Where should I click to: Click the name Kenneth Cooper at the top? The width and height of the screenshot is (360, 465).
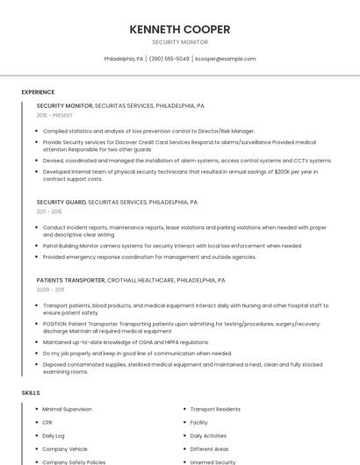[180, 29]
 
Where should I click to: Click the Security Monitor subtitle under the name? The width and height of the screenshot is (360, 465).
[180, 42]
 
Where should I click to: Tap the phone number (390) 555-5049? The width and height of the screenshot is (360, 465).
[169, 59]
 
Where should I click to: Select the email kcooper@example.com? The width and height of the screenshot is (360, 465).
[226, 59]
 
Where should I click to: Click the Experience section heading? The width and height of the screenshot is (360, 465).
[38, 92]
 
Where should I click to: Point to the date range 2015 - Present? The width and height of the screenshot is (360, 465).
[54, 115]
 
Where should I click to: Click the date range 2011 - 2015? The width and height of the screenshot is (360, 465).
[49, 211]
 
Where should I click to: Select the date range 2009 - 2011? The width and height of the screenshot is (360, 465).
[50, 289]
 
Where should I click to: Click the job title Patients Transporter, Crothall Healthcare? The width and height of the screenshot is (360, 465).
[131, 280]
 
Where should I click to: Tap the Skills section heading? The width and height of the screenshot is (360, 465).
[31, 392]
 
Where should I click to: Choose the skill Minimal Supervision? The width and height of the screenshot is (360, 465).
[67, 409]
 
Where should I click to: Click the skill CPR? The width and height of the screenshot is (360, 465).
[47, 422]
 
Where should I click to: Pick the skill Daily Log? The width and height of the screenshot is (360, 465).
[54, 435]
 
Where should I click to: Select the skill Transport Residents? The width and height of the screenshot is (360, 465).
[215, 409]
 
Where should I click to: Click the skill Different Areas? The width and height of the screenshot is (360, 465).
[209, 448]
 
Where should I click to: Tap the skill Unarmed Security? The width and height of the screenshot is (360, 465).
[213, 461]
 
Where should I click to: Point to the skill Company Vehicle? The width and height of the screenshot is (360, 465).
[65, 448]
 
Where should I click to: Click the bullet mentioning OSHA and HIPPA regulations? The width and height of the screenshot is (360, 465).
[126, 342]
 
